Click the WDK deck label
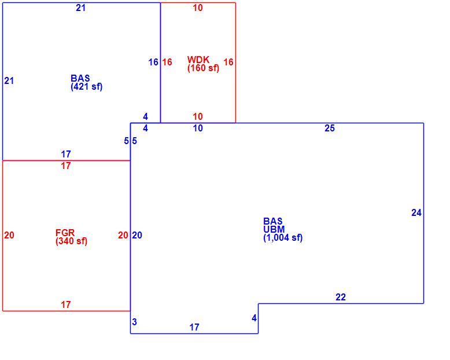coord(198,60)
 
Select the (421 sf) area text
coord(86,87)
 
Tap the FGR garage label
coord(65,232)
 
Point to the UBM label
coord(274,229)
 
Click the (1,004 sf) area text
coord(283,238)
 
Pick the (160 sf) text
coord(203,68)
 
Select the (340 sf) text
coord(71,241)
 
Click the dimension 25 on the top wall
coord(330,128)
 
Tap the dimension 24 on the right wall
coord(416,212)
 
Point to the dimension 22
coord(341,297)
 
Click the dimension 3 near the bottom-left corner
coord(134,322)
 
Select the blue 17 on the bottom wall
coord(194,327)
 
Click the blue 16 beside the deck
coord(153,62)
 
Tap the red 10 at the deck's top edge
coord(198,8)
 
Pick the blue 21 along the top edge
coord(80,8)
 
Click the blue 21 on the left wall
coord(9,80)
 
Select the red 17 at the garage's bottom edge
coord(66,304)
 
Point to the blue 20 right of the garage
coord(137,235)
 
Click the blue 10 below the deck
coord(198,128)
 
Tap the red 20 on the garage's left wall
coord(9,235)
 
